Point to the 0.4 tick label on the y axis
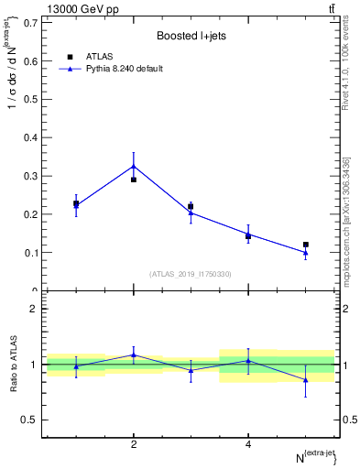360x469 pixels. pos(29,137)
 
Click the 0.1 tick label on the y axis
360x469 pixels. pos(29,253)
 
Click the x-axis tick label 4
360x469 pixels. pos(248,444)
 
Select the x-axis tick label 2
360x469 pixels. pos(134,444)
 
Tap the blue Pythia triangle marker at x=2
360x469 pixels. pos(134,166)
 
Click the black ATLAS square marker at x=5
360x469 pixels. pos(306,245)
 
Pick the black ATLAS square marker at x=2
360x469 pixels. pos(134,180)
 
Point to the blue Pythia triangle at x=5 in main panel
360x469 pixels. pos(306,252)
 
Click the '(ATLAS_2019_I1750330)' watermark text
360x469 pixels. pos(191,273)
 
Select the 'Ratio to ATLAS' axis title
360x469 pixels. pos(14,365)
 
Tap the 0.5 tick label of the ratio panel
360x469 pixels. pos(29,420)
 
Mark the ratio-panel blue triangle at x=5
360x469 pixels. pos(306,379)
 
